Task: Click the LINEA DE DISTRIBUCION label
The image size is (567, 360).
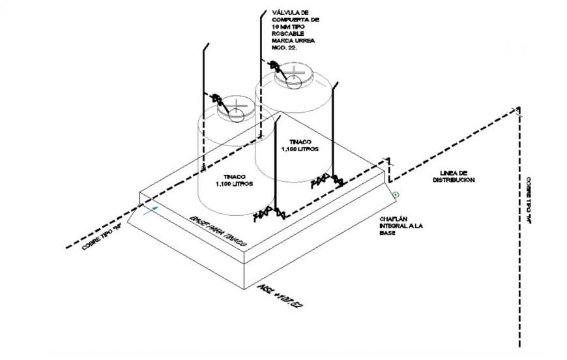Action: click(452, 175)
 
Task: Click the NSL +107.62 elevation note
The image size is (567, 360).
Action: click(281, 295)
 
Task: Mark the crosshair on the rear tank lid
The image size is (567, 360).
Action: click(296, 70)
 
